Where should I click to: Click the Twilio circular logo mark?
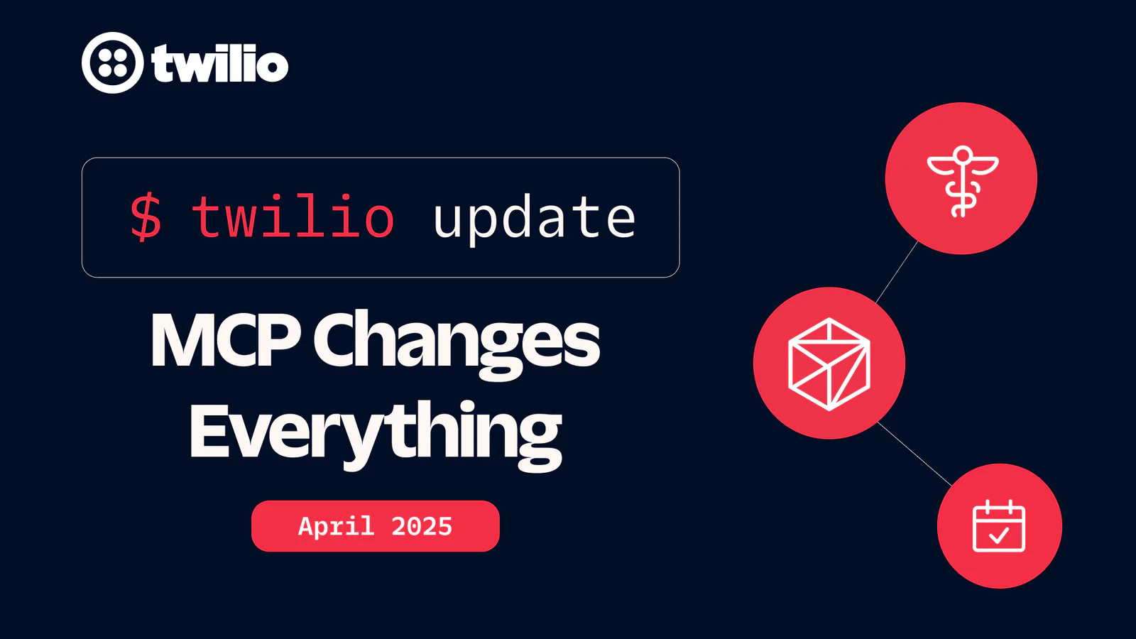[113, 63]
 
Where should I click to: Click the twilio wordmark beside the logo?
[220, 63]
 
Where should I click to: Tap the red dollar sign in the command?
[146, 217]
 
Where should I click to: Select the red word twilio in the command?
[293, 217]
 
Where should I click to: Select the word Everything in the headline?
[376, 435]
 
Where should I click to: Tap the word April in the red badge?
[337, 526]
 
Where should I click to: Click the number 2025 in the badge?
[422, 526]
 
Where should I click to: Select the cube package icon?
[829, 364]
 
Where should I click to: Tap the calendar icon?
[999, 525]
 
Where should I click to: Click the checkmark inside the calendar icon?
[998, 535]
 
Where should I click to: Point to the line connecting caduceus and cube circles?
[897, 273]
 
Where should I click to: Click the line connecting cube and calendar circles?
[915, 454]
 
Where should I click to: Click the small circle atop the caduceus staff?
[963, 153]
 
